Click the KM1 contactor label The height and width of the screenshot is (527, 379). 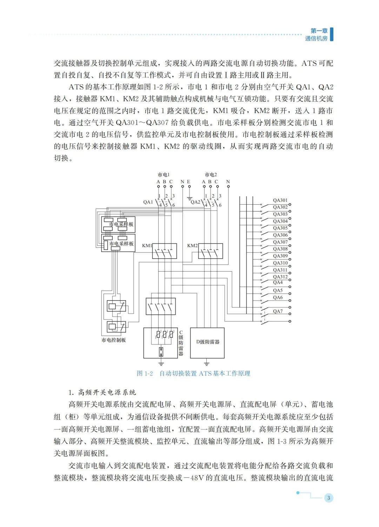click(147, 246)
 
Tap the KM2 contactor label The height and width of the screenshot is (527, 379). click(192, 246)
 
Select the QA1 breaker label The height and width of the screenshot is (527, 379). click(148, 202)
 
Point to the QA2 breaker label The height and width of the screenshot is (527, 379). click(195, 202)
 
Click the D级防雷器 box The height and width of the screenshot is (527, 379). click(207, 342)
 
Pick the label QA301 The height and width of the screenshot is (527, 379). click(280, 200)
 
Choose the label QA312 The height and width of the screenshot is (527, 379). click(280, 277)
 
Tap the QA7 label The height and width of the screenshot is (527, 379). click(278, 311)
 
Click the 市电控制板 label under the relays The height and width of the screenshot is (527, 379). click(114, 340)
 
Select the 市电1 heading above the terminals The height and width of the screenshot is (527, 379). click(164, 174)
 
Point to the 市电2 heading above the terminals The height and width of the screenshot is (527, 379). click(211, 174)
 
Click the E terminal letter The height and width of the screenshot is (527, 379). click(189, 182)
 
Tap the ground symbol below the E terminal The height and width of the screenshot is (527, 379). click(189, 198)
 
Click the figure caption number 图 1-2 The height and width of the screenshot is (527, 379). click(145, 374)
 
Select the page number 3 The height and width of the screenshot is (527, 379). click(328, 498)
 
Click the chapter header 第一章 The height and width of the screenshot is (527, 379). click(319, 31)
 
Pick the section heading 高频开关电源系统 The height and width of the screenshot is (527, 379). click(107, 392)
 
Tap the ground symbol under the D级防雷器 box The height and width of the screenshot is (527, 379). click(207, 363)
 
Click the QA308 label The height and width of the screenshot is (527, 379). click(280, 249)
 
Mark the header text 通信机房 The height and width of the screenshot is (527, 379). click(316, 39)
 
